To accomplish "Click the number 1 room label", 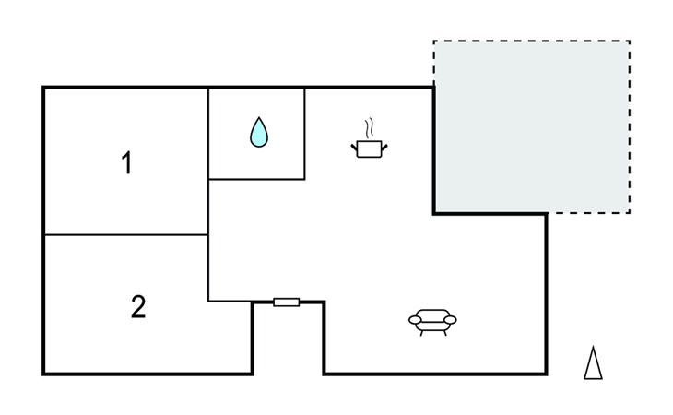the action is pyautogui.click(x=126, y=163).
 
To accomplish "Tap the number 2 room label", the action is pyautogui.click(x=138, y=307).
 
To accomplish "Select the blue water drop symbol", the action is pyautogui.click(x=259, y=132).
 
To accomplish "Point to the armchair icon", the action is pyautogui.click(x=432, y=322).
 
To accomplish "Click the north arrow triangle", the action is pyautogui.click(x=593, y=363).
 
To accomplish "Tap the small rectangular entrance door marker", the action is pyautogui.click(x=287, y=302).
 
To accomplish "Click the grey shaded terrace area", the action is pyautogui.click(x=532, y=126).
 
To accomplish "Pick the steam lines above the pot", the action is pyautogui.click(x=369, y=128).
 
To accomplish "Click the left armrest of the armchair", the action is pyautogui.click(x=415, y=320).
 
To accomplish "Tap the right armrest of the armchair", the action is pyautogui.click(x=450, y=320).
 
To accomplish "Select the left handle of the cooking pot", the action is pyautogui.click(x=354, y=148).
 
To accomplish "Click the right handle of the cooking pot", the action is pyautogui.click(x=384, y=148).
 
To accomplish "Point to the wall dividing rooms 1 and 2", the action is pyautogui.click(x=126, y=235).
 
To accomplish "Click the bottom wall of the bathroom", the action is pyautogui.click(x=256, y=179).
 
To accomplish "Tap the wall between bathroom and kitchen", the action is pyautogui.click(x=305, y=134).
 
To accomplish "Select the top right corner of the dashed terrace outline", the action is pyautogui.click(x=630, y=41).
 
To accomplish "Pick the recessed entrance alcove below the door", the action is pyautogui.click(x=289, y=340).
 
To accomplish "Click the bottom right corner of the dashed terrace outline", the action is pyautogui.click(x=630, y=212).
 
